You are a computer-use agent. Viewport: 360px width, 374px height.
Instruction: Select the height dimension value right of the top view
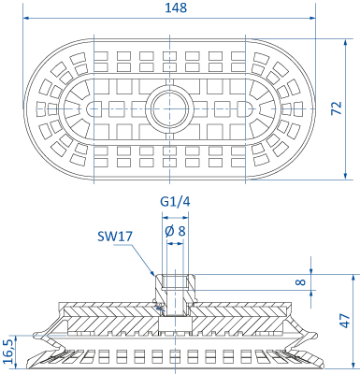point(338,108)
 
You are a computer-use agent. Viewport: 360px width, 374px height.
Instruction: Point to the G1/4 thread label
point(172,199)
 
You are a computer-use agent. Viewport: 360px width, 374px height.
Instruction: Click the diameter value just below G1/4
point(172,223)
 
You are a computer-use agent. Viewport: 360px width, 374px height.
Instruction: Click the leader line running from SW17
point(145,257)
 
